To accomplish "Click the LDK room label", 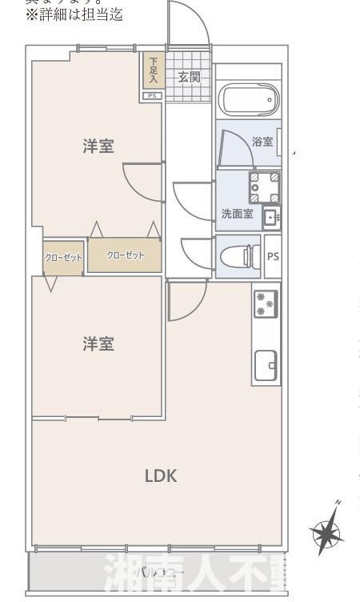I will (x=160, y=476).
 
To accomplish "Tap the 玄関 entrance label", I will (x=189, y=77).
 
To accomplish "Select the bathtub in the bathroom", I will (x=248, y=101).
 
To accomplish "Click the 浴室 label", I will (x=262, y=142).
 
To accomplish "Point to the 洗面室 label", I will (x=237, y=214).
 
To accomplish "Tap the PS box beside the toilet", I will (x=273, y=257).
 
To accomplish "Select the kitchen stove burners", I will (x=266, y=303).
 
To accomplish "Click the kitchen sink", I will (x=266, y=366).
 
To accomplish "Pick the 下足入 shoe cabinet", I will (x=153, y=71).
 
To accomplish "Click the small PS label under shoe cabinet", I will (x=153, y=96).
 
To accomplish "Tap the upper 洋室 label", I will (x=98, y=146).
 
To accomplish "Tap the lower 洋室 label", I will (x=98, y=343).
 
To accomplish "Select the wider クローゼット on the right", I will (x=125, y=255).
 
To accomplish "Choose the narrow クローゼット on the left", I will (x=62, y=258).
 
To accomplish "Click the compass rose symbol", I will (x=327, y=530).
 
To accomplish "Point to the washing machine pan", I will (x=264, y=187).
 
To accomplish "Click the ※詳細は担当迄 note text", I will (x=75, y=14).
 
